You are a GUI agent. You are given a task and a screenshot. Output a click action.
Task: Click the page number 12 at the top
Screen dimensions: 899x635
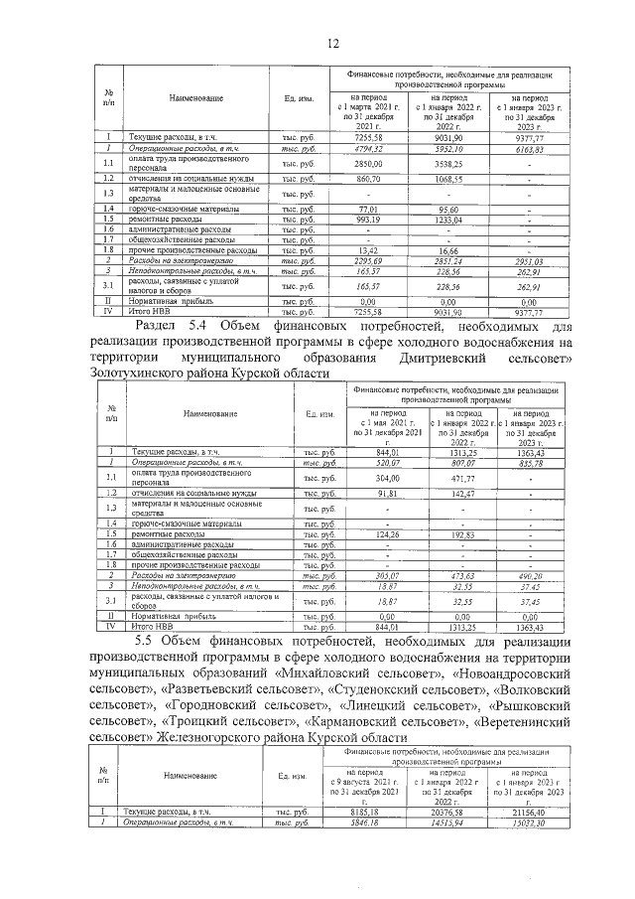tap(334, 42)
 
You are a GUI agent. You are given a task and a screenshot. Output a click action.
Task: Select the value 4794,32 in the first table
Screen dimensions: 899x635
tap(368, 148)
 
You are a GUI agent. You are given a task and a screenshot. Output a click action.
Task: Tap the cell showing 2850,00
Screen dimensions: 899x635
tap(368, 163)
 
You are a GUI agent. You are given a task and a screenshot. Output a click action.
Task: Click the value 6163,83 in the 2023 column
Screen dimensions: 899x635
tap(536, 148)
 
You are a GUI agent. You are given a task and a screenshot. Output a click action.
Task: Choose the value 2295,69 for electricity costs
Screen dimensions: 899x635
tap(368, 259)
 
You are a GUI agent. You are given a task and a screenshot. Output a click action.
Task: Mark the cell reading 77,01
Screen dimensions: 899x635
tap(369, 209)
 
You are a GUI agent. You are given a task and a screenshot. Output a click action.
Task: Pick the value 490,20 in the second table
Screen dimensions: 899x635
tap(536, 577)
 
